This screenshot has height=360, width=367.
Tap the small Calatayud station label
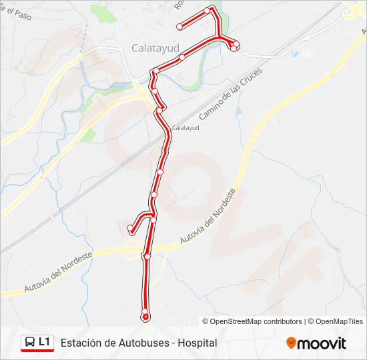pos(186,127)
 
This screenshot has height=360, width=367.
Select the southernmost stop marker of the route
pos(145,311)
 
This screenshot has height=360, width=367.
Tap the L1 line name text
pos(45,343)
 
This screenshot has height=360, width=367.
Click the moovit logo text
pos(322,343)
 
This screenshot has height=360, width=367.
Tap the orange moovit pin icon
pos(291,343)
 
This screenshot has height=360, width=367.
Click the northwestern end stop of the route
pos(179,27)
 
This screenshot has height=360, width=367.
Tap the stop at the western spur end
pos(131,231)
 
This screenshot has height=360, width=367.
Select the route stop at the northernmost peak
pos(210,9)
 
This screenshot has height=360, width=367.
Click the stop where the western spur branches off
pos(153,219)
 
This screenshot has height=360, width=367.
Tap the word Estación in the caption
pos(79,343)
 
